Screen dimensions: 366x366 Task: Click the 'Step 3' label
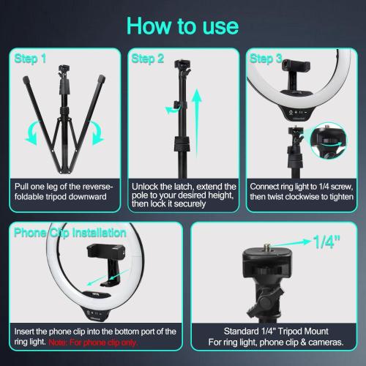pos(266,58)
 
